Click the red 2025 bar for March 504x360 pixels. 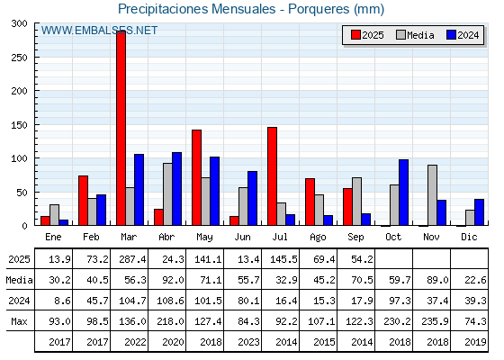pyautogui.click(x=121, y=128)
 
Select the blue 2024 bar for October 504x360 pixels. pyautogui.click(x=404, y=193)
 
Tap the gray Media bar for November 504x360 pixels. pyautogui.click(x=432, y=195)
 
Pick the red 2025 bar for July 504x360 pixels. pyautogui.click(x=272, y=176)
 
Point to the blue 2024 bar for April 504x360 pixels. pyautogui.click(x=176, y=189)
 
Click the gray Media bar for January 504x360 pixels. pyautogui.click(x=54, y=215)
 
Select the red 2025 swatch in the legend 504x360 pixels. pyautogui.click(x=355, y=35)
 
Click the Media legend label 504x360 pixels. pyautogui.click(x=420, y=35)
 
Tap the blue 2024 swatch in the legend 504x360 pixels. pyautogui.click(x=451, y=35)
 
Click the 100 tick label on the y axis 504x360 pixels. pyautogui.click(x=19, y=158)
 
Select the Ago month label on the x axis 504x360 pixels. pyautogui.click(x=318, y=238)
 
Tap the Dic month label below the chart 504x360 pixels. pyautogui.click(x=469, y=237)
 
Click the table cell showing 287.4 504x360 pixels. pyautogui.click(x=132, y=259)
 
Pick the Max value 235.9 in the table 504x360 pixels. pyautogui.click(x=435, y=321)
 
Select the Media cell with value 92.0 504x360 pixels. pyautogui.click(x=173, y=280)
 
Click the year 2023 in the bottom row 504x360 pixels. pyautogui.click(x=248, y=342)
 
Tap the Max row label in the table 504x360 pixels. pyautogui.click(x=19, y=321)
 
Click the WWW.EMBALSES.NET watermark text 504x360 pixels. pyautogui.click(x=99, y=31)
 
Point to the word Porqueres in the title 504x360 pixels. pyautogui.click(x=319, y=9)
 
